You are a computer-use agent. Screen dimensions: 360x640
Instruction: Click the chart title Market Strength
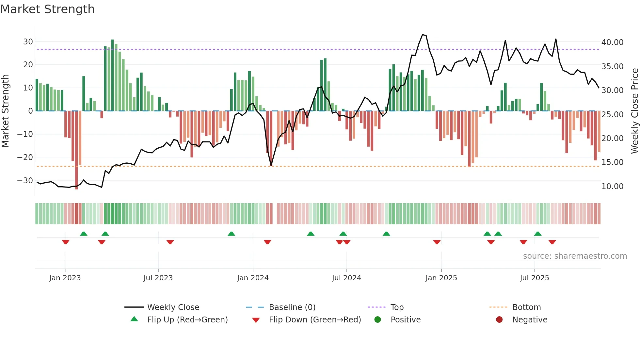click(47, 9)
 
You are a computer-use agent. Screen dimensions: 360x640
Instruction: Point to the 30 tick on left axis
click(28, 42)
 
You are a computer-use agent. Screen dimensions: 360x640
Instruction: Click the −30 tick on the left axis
click(25, 181)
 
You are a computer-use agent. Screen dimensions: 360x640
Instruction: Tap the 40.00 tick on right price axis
click(612, 42)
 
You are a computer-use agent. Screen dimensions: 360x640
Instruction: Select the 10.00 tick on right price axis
click(612, 187)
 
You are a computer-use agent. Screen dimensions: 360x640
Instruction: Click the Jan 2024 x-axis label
click(253, 278)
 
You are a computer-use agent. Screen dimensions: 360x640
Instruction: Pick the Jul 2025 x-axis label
click(534, 278)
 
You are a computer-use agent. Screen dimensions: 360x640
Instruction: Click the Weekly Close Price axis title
click(634, 111)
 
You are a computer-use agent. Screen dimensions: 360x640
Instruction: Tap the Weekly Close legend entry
click(173, 307)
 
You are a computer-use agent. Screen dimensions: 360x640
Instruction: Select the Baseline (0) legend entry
click(292, 307)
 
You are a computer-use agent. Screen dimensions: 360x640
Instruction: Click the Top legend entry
click(397, 307)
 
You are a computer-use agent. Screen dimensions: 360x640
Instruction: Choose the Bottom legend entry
click(526, 307)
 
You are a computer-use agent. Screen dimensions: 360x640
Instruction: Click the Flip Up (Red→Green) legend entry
click(187, 320)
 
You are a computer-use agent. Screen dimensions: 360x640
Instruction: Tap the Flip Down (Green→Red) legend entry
click(315, 320)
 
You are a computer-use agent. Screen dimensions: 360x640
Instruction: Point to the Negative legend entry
click(529, 320)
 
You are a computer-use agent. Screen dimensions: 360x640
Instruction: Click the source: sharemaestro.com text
click(575, 256)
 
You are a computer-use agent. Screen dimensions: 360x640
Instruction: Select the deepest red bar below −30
click(76, 150)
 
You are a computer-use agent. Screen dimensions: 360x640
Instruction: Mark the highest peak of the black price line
click(423, 35)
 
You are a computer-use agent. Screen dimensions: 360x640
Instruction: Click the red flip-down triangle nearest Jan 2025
click(437, 242)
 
